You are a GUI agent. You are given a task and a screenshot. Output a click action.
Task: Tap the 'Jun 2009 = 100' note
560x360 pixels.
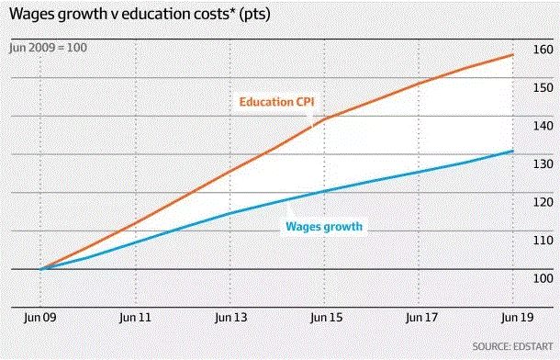(x=49, y=47)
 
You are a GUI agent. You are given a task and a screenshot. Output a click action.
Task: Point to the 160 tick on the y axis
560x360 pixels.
(x=540, y=49)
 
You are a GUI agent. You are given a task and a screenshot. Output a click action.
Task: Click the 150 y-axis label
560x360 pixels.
(x=540, y=87)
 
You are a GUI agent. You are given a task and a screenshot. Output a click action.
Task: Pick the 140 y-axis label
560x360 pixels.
(x=540, y=126)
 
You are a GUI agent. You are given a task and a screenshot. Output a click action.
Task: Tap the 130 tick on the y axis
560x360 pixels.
(x=540, y=163)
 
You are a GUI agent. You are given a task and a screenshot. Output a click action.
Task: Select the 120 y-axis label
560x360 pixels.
(x=540, y=202)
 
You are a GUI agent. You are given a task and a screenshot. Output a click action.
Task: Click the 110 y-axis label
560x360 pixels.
(x=540, y=240)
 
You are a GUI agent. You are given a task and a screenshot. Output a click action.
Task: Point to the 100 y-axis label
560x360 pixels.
(x=540, y=278)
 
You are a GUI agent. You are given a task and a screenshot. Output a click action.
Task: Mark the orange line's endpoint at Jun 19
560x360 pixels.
(x=512, y=55)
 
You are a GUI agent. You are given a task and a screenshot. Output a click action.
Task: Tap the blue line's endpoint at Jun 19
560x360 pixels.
(x=512, y=151)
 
